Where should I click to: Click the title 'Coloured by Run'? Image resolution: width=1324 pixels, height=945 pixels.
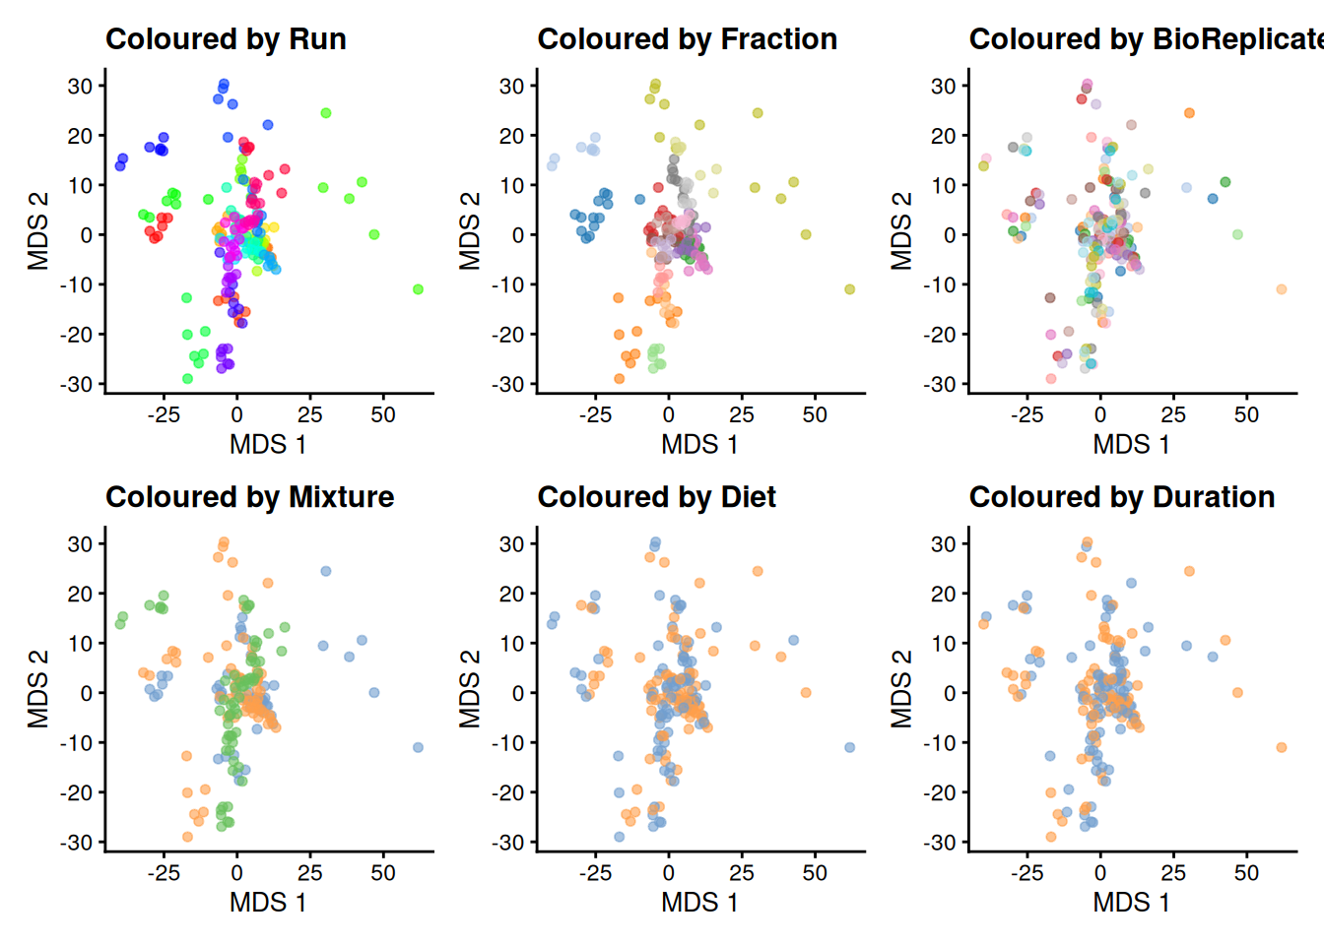(226, 39)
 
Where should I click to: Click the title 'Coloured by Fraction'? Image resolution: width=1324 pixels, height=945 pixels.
(687, 39)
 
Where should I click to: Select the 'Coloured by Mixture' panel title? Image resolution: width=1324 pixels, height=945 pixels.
(249, 497)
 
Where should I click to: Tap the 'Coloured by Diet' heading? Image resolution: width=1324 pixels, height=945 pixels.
(656, 497)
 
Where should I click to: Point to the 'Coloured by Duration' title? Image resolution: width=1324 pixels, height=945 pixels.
(1121, 497)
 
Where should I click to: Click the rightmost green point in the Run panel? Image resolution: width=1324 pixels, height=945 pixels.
(418, 289)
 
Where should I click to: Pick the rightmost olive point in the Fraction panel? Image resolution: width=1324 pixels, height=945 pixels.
(849, 289)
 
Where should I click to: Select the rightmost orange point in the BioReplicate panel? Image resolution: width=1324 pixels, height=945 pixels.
(1281, 289)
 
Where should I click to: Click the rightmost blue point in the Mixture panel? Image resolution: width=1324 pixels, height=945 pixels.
(418, 747)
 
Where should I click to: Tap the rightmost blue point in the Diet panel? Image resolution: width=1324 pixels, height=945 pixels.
(849, 747)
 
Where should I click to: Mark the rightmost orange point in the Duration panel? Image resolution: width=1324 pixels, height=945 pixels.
(1281, 747)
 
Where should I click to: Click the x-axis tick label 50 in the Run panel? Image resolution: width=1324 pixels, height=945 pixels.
(383, 415)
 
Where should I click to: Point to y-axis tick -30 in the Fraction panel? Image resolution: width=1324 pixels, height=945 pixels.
(510, 384)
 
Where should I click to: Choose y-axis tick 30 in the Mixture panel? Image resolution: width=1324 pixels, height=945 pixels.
(80, 543)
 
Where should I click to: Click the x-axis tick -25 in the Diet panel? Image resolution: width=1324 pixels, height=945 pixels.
(595, 873)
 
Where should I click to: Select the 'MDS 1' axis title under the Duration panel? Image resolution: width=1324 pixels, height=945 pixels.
(1131, 903)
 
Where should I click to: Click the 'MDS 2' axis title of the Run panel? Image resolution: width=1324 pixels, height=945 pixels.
(38, 231)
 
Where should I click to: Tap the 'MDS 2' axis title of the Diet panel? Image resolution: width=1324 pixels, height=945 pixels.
(470, 689)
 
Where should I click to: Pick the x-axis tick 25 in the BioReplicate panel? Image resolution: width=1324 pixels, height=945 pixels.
(1173, 415)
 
